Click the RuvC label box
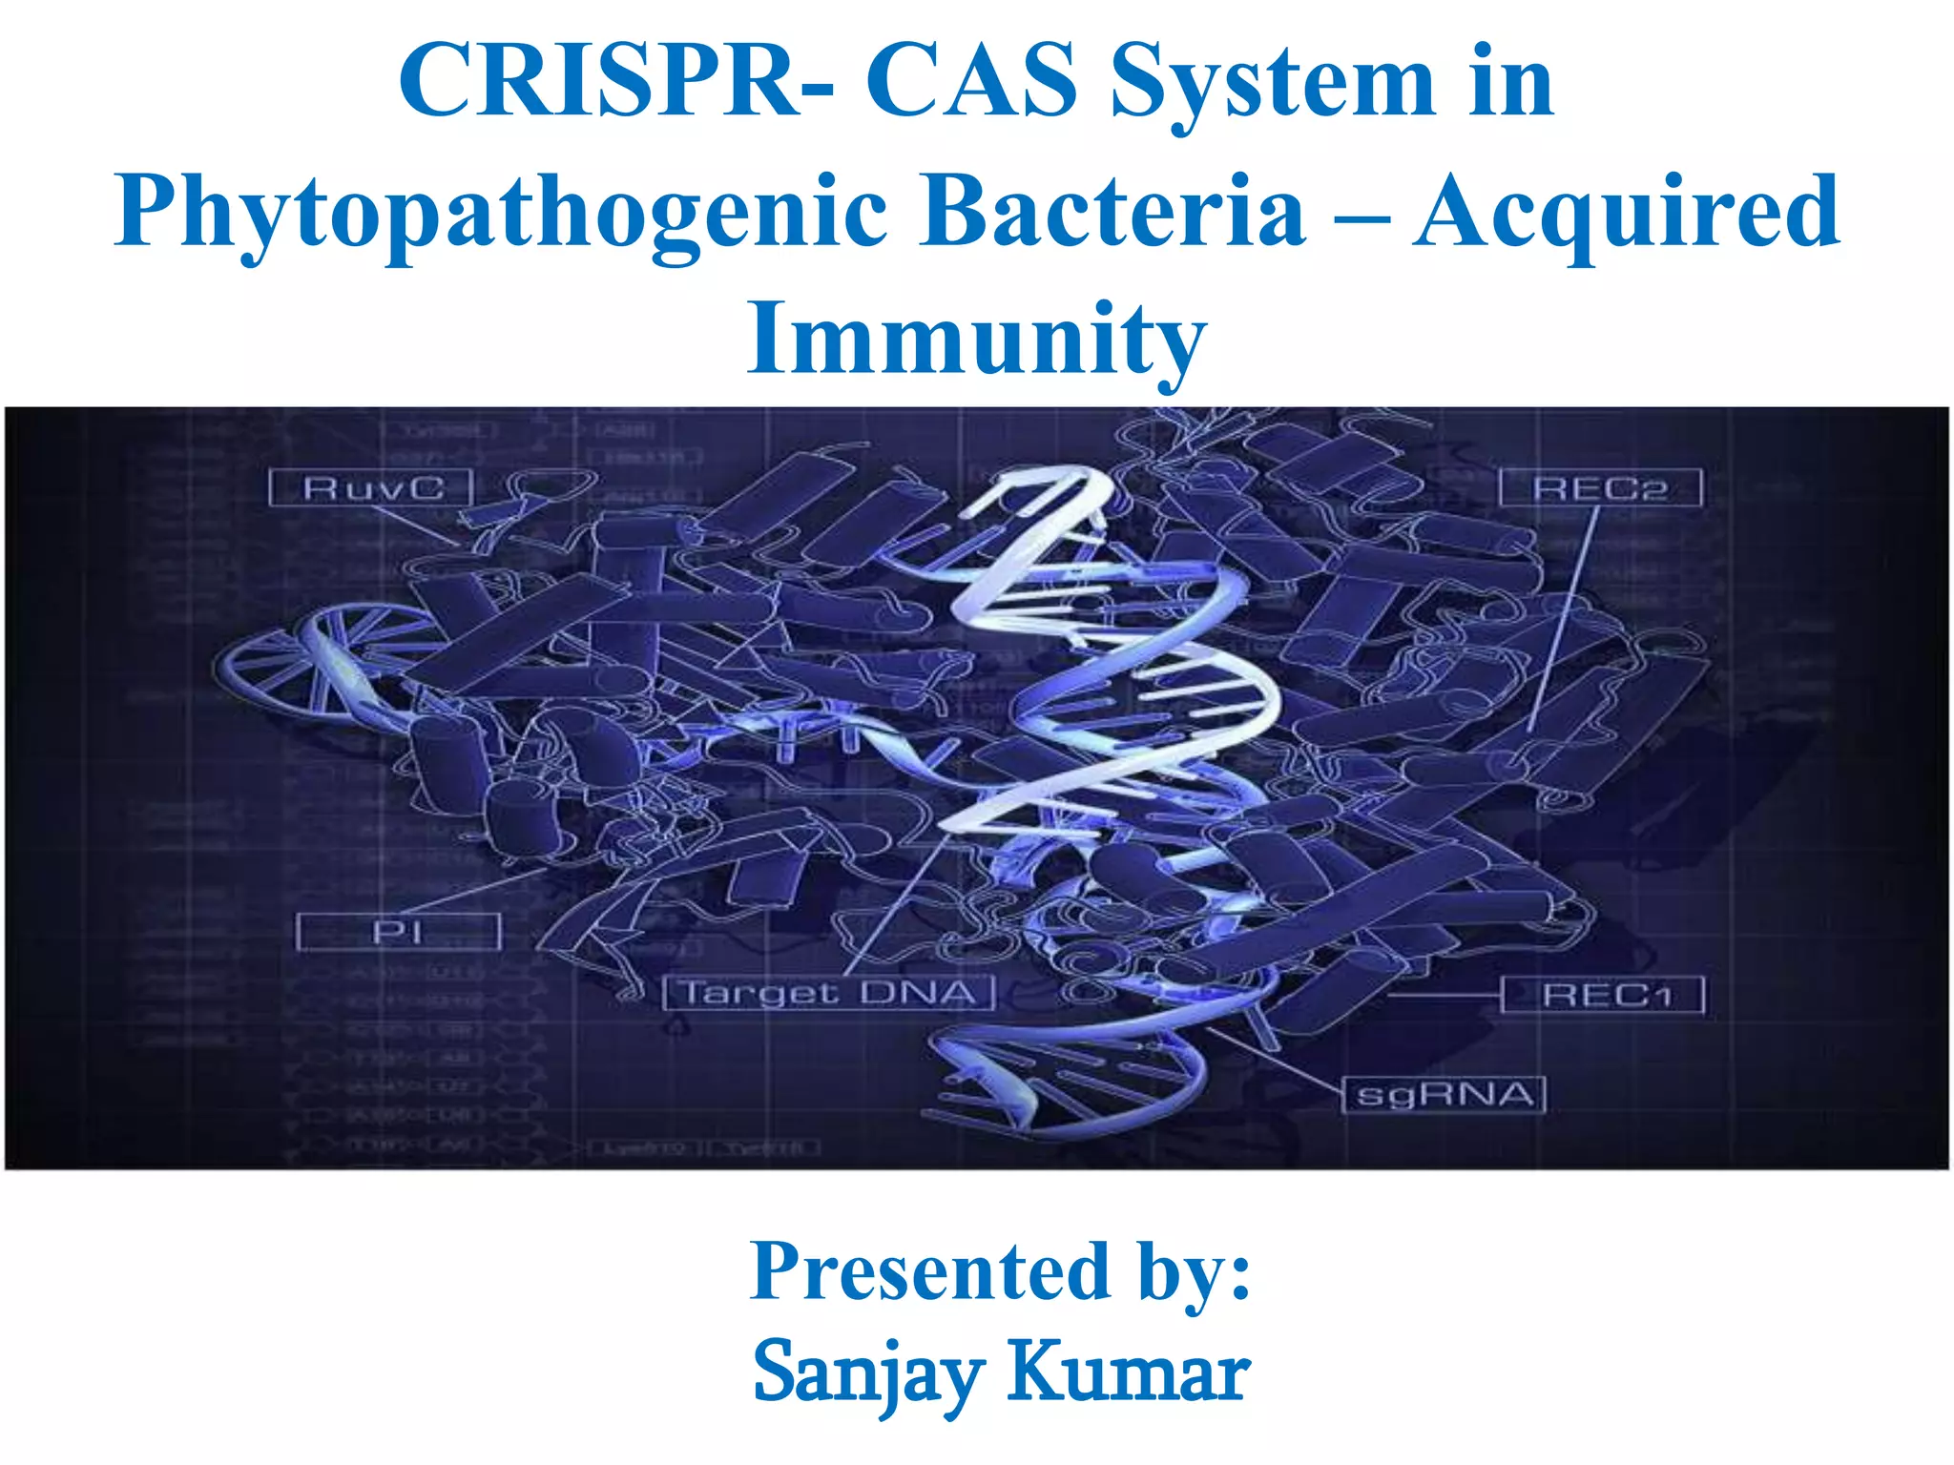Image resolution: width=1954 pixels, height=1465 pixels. tap(372, 488)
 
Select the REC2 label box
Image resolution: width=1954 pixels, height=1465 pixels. tap(1600, 488)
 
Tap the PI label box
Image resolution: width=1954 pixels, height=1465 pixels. tap(398, 932)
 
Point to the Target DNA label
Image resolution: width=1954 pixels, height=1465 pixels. tap(829, 993)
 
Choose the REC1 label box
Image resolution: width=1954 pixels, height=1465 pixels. tap(1603, 996)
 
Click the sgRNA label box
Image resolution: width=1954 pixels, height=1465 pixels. tap(1444, 1094)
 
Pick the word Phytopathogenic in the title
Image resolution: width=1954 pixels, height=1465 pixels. tap(500, 214)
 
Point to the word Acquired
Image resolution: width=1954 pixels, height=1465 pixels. tap(1626, 216)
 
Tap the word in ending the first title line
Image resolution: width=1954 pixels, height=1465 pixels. tap(1511, 83)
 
